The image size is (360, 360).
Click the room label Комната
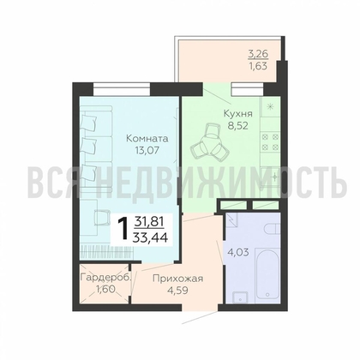coord(147,139)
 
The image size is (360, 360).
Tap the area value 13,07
coord(147,150)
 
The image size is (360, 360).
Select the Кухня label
coord(238,114)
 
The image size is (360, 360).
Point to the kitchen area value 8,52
coord(237,125)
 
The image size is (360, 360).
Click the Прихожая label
coord(177,279)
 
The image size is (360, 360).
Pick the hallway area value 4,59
coord(178,290)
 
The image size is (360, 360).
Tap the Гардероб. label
coord(106,277)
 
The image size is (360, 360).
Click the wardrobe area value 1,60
coord(105,289)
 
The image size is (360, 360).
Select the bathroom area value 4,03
coord(238,252)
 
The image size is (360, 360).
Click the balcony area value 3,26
coord(257,54)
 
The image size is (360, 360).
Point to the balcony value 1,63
coord(258,66)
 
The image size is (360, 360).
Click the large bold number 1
coord(124,228)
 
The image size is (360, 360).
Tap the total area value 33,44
coord(151,237)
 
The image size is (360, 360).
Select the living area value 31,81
coord(149,221)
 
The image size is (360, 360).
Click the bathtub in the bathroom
coord(267,273)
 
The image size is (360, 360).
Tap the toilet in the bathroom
coord(273,229)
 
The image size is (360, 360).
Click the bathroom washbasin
coord(240,297)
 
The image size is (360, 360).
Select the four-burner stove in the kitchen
coord(270,142)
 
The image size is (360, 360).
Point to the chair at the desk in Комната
coord(101,217)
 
